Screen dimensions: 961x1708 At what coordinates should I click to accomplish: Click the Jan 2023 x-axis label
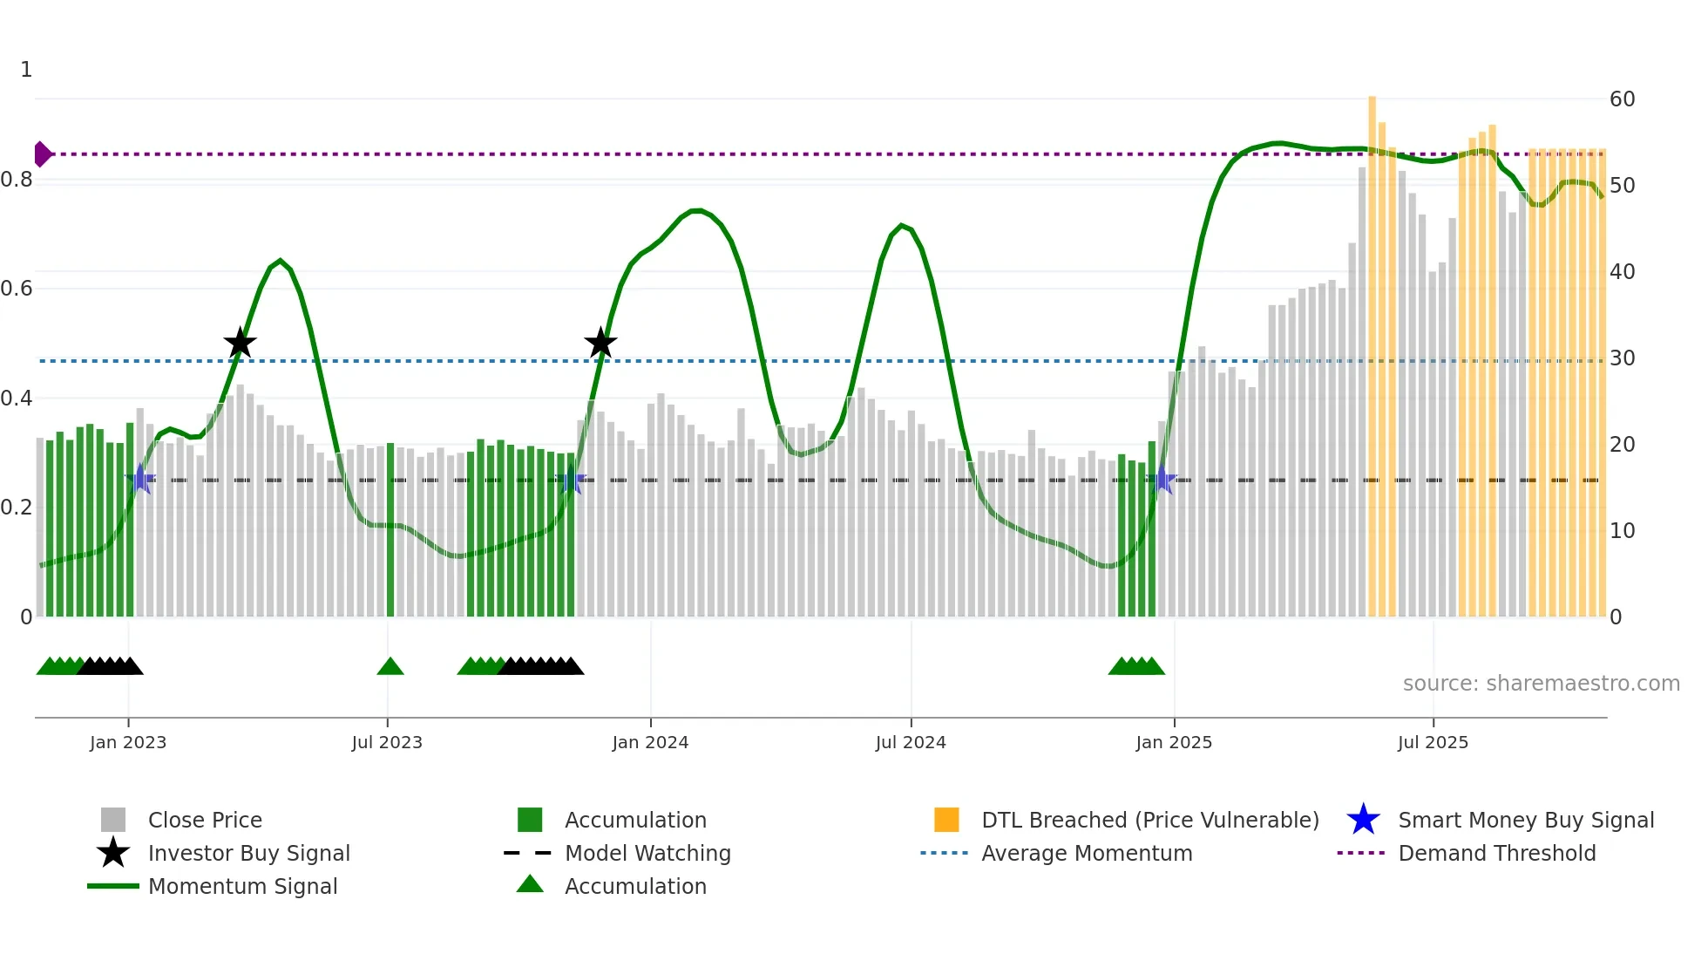tap(127, 742)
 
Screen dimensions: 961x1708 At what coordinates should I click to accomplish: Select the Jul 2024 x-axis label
tap(911, 742)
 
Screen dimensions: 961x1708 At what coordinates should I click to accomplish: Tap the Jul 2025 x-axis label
tap(1433, 742)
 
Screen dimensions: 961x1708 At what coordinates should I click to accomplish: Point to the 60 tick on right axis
tap(1622, 99)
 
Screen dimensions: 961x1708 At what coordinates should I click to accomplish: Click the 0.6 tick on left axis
tap(17, 289)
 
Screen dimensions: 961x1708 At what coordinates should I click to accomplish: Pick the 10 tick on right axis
tap(1622, 531)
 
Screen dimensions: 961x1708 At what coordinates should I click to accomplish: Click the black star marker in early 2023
tap(240, 344)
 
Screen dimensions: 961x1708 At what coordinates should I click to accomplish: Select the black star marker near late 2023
tap(600, 344)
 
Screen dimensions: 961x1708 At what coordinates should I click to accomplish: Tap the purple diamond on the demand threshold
tap(42, 154)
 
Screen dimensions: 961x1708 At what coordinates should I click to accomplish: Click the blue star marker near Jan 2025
tap(1162, 480)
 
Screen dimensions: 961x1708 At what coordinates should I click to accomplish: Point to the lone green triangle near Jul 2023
tap(390, 667)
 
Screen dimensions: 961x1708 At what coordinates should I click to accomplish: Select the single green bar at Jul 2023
tap(390, 532)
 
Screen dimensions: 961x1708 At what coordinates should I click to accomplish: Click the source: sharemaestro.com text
tap(1541, 684)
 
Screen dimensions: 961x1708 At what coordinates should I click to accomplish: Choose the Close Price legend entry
tap(205, 820)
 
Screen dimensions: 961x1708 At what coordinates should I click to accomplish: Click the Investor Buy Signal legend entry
tap(248, 853)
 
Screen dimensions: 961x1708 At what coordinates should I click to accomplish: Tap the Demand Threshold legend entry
tap(1496, 853)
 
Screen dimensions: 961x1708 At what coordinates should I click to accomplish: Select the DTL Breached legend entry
tap(1149, 820)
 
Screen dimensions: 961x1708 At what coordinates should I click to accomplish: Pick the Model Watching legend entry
tap(647, 853)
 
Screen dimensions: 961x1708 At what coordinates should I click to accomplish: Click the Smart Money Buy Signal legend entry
tap(1525, 820)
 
